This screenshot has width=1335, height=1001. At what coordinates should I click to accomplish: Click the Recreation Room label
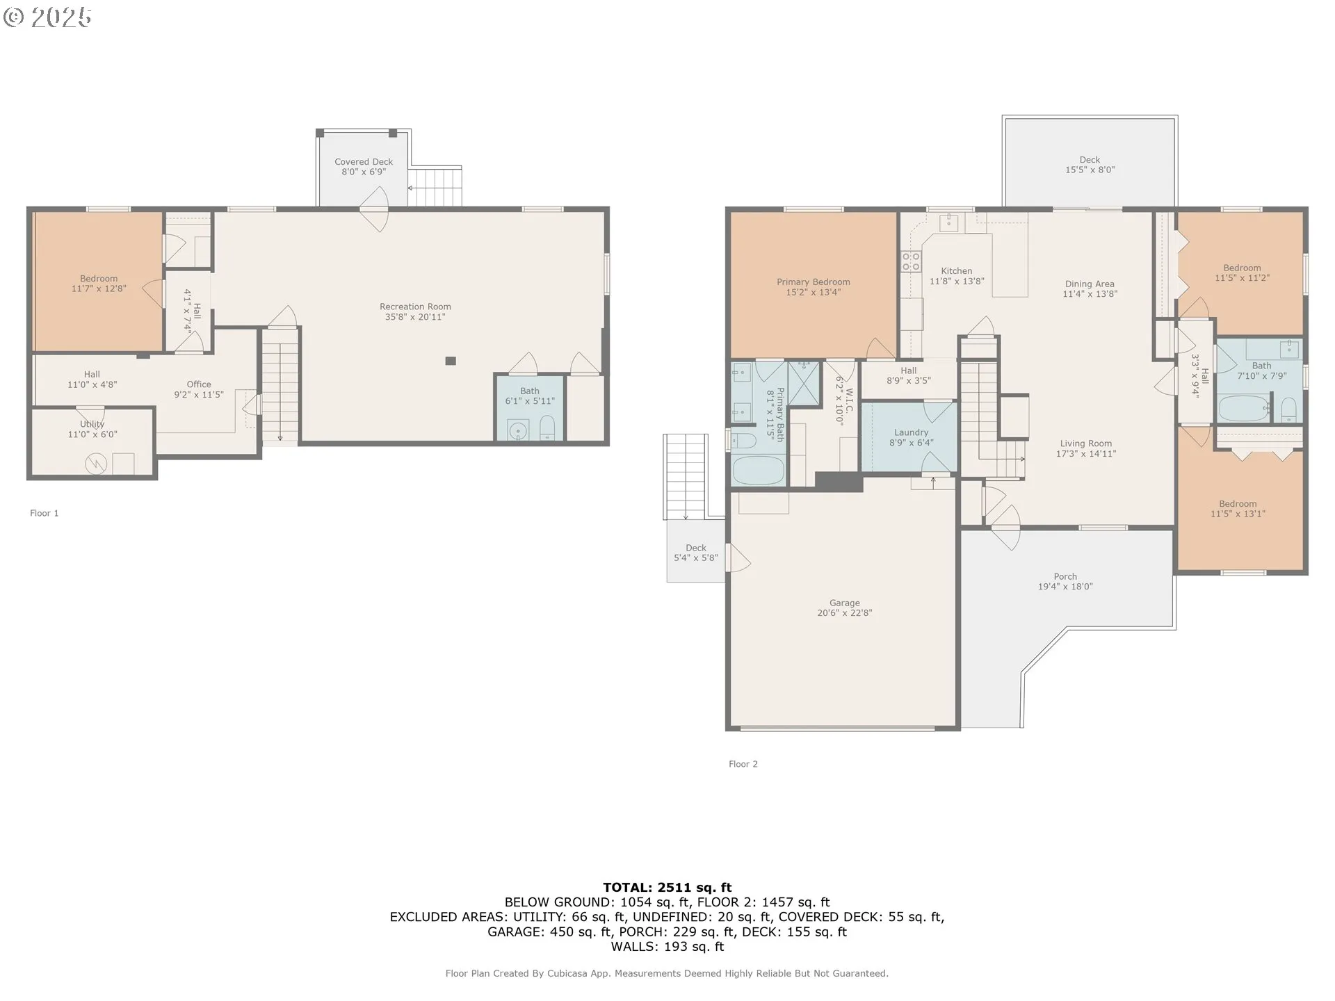click(x=415, y=307)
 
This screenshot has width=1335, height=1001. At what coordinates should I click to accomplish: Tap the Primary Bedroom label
click(x=814, y=282)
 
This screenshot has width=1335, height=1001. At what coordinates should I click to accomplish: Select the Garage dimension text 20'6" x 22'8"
click(x=845, y=613)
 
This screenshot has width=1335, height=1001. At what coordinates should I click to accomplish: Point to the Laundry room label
click(x=911, y=432)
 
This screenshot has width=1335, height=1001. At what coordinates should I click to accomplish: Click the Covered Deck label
click(x=364, y=162)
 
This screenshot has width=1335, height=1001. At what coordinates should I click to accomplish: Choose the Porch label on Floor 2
click(x=1065, y=576)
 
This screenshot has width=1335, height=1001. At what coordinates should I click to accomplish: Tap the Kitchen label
click(x=957, y=271)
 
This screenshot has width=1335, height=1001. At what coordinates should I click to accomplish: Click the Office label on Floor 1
click(x=199, y=384)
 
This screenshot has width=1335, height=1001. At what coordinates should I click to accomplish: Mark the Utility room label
click(x=92, y=424)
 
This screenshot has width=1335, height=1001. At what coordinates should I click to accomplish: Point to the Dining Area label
click(x=1090, y=284)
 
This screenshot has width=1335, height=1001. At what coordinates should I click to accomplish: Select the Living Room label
click(x=1086, y=443)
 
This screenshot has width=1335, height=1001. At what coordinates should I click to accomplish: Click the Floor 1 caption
click(x=44, y=513)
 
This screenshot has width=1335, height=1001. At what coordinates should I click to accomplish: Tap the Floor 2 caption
click(x=743, y=764)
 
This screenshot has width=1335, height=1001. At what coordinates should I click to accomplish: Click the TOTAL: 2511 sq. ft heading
click(x=667, y=887)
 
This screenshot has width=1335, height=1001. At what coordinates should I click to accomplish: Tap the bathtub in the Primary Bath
click(x=758, y=470)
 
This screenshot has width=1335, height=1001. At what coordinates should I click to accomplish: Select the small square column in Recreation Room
click(x=451, y=361)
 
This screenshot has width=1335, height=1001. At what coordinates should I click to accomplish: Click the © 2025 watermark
click(x=47, y=17)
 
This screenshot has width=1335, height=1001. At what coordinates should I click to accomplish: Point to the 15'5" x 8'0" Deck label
click(x=1090, y=170)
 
